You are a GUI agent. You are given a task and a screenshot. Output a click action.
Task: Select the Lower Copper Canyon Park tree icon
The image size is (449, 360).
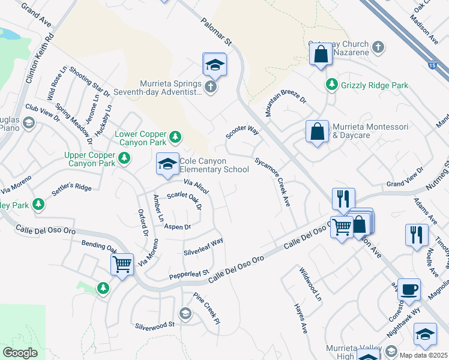coord(175,138)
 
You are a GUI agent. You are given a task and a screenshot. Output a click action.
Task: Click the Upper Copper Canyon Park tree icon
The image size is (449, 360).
coord(124,158)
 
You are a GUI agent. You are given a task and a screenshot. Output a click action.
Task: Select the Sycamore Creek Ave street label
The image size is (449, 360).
coord(273,182)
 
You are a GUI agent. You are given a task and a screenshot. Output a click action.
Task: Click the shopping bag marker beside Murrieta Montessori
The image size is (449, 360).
coord(317,133)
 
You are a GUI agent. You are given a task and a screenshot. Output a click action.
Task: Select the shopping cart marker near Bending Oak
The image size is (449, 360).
coord(122,264)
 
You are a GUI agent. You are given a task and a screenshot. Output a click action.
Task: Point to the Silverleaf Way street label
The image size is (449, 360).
coord(203,246)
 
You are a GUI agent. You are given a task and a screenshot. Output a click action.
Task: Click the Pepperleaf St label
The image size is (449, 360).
coord(188,274)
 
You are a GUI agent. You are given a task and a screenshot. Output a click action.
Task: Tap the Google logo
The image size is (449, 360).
coord(20,353)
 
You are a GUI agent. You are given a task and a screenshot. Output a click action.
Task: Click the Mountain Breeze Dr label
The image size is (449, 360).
coord(286,99)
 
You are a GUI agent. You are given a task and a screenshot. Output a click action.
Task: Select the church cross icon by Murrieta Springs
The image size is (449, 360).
coord(210,88)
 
